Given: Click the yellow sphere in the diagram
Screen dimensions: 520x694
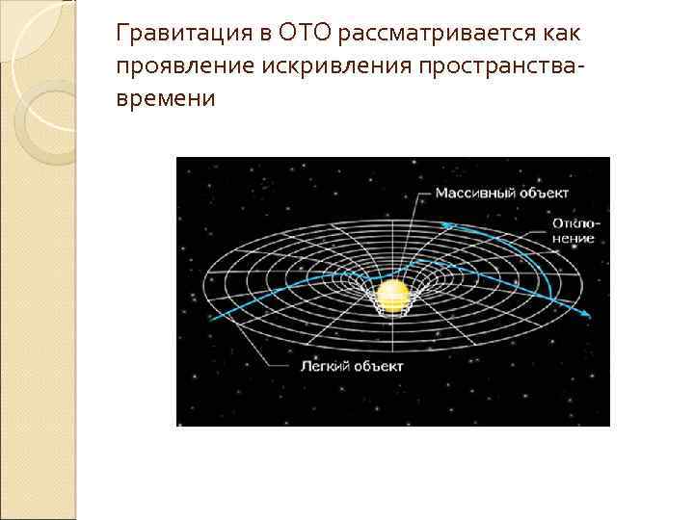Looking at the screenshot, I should point(392,296).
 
